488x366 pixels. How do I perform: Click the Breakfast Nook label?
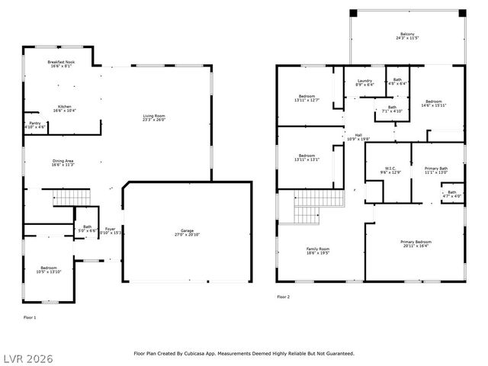[59, 64]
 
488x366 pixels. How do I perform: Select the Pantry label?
[35, 124]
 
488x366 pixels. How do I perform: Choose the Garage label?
[187, 233]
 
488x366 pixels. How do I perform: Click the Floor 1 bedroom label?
[48, 269]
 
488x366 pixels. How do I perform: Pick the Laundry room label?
[364, 82]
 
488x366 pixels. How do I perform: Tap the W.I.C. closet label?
[390, 170]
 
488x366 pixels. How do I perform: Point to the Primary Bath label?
[436, 170]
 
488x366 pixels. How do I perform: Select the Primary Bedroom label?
[415, 244]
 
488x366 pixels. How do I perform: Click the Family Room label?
[318, 251]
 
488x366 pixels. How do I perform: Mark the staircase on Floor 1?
[66, 199]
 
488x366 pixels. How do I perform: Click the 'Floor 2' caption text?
[283, 297]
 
